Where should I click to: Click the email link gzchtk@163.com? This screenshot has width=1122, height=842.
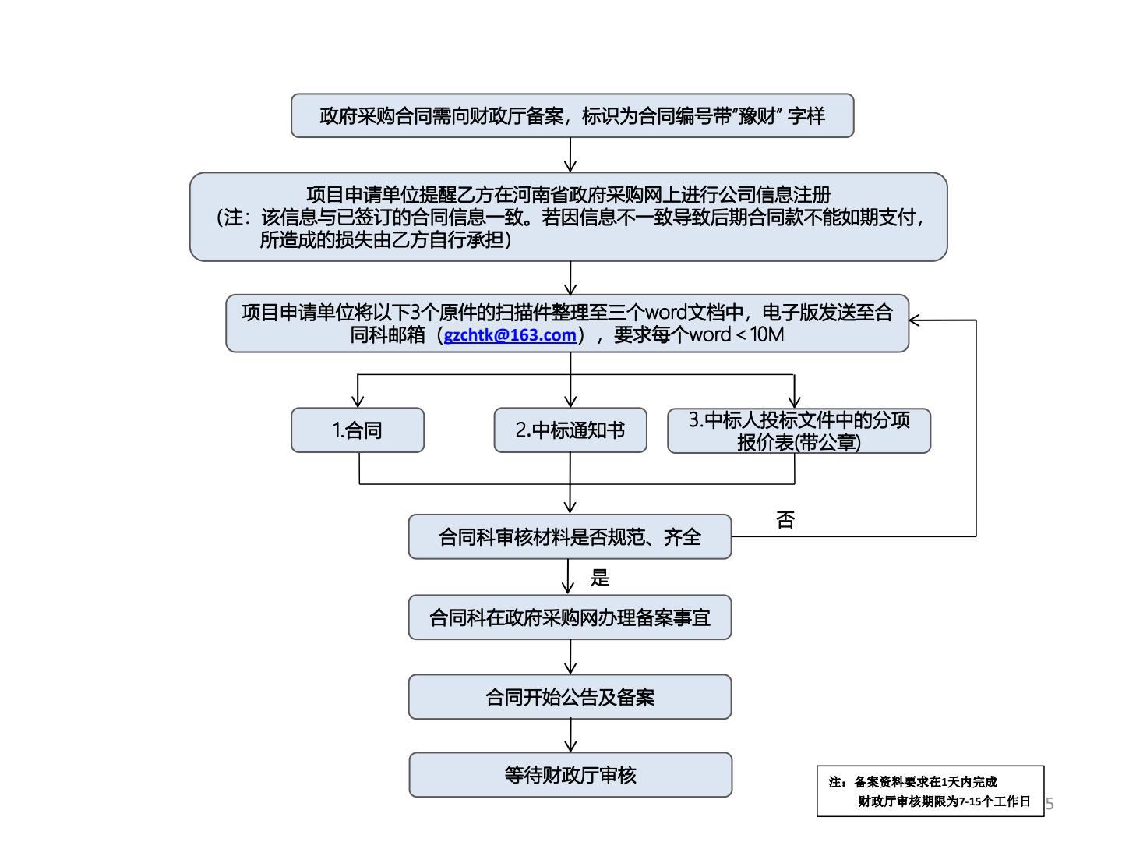coord(510,335)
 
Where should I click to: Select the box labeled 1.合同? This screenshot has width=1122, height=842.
coord(358,430)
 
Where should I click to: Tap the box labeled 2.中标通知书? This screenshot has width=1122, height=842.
coord(570,430)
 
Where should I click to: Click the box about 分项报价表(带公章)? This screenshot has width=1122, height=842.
coord(799,430)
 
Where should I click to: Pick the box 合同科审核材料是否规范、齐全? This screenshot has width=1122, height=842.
coord(570,536)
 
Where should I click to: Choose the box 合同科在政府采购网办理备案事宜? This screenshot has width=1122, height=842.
coord(570,617)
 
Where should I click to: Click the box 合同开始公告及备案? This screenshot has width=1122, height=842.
coord(570,697)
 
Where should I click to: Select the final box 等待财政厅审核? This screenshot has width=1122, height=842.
coord(570,775)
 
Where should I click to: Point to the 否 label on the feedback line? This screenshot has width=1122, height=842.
coord(785,520)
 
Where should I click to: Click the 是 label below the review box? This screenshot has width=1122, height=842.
coord(599,578)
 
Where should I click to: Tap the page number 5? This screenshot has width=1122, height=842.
coord(1050,804)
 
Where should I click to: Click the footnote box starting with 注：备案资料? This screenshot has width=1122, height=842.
coord(930,791)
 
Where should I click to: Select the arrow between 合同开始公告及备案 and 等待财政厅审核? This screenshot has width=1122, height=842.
coord(570,735)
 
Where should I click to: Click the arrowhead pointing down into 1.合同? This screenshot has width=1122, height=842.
coord(358,401)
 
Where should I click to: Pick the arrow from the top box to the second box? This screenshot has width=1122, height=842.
coord(570,155)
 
